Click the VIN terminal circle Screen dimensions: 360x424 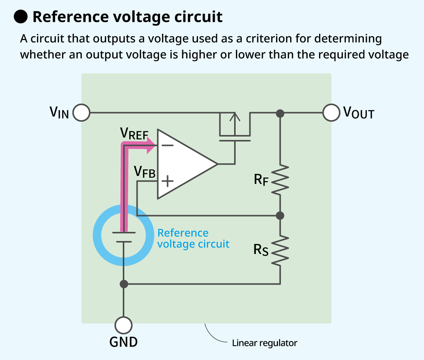coord(81,113)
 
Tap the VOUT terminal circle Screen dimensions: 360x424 coord(331,113)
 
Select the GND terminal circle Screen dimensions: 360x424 coord(124,325)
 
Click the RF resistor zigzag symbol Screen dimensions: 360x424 coord(280,179)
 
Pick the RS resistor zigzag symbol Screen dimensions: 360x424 coord(280,250)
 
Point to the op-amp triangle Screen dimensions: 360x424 coord(183,164)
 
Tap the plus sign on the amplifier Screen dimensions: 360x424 coord(167,181)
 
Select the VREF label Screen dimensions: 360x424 coord(133,133)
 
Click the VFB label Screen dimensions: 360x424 coord(145,172)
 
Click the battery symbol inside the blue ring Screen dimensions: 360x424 coord(124,237)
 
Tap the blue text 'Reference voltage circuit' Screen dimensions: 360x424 coord(193,238)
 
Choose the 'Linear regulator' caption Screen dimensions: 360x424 coord(265,343)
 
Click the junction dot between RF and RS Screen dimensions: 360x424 coord(280,216)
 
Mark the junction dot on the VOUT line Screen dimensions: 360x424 coord(280,113)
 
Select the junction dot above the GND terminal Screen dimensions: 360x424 coord(124,284)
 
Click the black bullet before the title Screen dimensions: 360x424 coord(21,16)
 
